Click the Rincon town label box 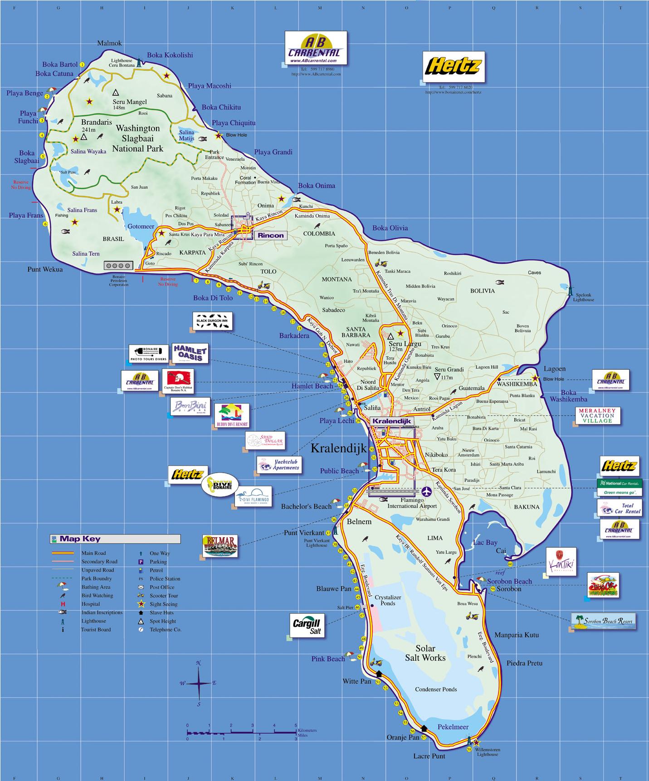pos(271,235)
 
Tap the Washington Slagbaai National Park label pos(137,138)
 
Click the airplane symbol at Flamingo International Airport pos(426,491)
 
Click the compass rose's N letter pos(198,663)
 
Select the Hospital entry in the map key pos(91,604)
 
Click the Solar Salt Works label pos(425,653)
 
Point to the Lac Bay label pos(485,542)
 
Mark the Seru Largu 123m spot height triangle pos(391,336)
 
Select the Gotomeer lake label pos(141,226)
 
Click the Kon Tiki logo pos(561,562)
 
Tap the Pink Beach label pos(327,658)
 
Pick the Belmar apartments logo pos(220,546)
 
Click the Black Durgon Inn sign pos(212,321)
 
